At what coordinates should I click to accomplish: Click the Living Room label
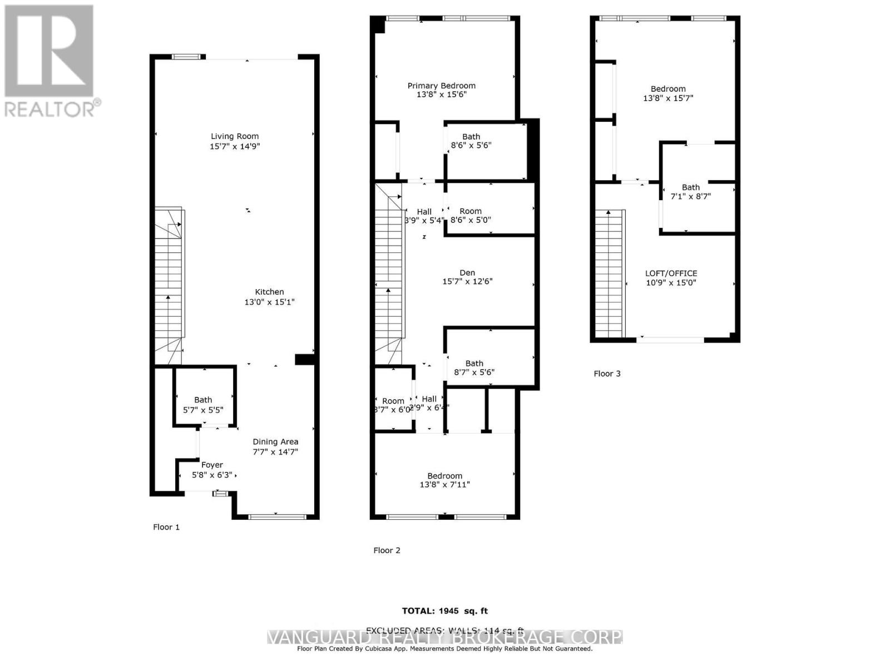(234, 136)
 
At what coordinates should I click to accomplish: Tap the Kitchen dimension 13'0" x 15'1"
(269, 302)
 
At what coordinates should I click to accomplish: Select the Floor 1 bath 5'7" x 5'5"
(203, 405)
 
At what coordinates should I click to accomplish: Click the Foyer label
(212, 465)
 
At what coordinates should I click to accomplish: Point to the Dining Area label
(275, 442)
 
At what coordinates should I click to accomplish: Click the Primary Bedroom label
(441, 86)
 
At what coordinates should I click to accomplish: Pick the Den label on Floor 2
(467, 272)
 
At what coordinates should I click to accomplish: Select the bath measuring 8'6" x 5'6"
(471, 141)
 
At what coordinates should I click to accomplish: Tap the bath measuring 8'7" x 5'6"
(474, 367)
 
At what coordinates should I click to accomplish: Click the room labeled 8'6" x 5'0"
(471, 215)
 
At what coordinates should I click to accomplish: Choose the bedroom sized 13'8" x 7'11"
(444, 480)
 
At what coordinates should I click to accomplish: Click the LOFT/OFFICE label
(671, 273)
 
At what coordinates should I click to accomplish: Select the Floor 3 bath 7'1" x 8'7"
(691, 192)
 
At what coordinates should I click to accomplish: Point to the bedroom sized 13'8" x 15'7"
(668, 93)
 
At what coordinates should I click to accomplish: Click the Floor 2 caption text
(387, 550)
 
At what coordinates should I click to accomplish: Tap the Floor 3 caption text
(607, 374)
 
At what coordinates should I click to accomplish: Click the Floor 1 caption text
(166, 527)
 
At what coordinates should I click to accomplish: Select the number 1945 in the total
(448, 611)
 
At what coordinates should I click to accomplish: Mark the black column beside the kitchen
(305, 360)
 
